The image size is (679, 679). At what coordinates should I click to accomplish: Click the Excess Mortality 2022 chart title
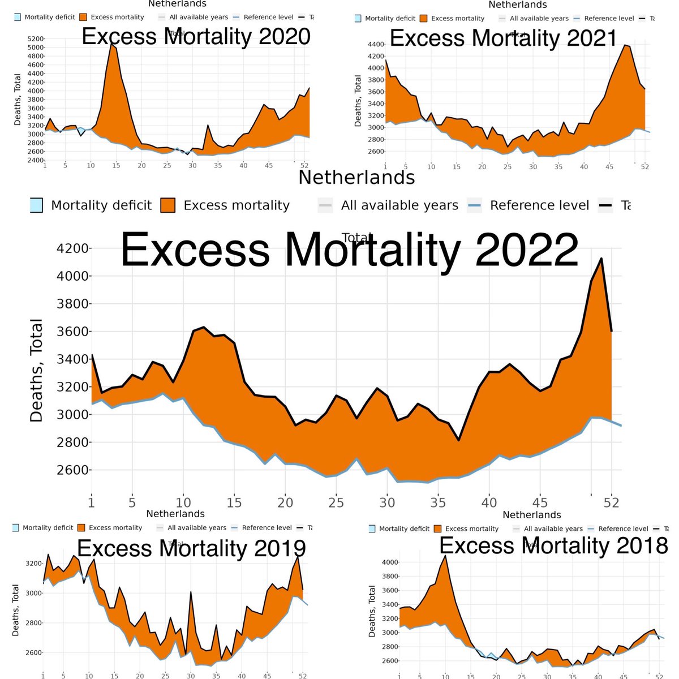pos(349,250)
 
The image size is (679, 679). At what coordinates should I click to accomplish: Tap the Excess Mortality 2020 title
pos(196,36)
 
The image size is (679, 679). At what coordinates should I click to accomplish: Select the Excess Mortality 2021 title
pos(503,38)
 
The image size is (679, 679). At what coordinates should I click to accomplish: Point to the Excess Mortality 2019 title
pos(191,548)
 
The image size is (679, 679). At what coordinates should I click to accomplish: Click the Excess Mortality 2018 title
pos(553,545)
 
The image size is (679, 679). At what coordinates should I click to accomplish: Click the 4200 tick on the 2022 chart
pos(72,248)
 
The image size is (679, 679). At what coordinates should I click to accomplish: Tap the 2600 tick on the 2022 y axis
pos(72,470)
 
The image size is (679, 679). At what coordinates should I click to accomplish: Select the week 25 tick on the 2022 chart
pos(336,502)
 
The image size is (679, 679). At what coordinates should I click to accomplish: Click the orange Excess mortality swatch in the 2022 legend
pos(167,205)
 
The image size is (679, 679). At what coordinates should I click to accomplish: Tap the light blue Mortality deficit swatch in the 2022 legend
pos(36,205)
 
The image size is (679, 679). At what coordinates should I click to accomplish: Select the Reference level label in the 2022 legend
pos(539,205)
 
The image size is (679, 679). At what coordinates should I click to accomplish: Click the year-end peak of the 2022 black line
pos(601,259)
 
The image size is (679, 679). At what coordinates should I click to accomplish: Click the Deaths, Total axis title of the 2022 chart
pos(37,371)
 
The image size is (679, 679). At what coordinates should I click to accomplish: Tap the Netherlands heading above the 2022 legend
pos(356,177)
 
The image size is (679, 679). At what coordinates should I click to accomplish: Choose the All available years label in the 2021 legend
pos(539,19)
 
